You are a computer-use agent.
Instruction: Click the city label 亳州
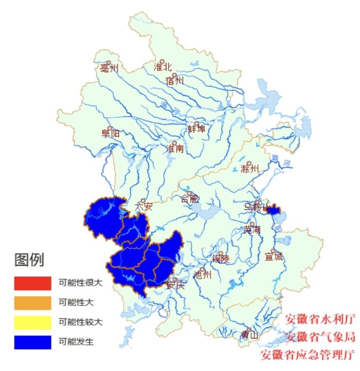click(x=109, y=68)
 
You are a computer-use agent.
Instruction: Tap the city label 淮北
click(x=163, y=67)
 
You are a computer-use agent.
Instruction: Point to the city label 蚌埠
click(x=196, y=129)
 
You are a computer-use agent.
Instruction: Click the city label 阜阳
click(x=110, y=134)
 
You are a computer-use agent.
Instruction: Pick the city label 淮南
click(x=175, y=148)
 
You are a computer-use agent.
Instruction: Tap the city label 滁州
click(x=249, y=169)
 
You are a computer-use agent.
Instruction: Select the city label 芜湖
click(x=252, y=230)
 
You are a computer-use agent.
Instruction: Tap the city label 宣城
click(x=274, y=256)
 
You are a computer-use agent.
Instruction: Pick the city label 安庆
click(x=175, y=285)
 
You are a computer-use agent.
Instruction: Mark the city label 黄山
click(x=249, y=335)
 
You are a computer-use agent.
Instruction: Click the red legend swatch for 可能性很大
click(x=32, y=283)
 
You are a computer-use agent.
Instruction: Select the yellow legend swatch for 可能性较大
click(x=32, y=323)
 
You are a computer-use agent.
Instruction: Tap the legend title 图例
click(x=29, y=260)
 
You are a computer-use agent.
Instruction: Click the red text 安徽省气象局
click(x=321, y=337)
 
